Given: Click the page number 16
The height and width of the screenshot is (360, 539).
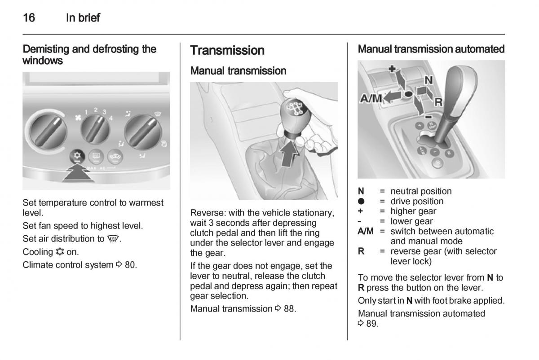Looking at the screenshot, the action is click(29, 18).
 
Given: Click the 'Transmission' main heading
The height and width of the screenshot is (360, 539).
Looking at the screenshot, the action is click(227, 50).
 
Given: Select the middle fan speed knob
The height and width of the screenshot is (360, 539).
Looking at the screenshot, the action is click(95, 129).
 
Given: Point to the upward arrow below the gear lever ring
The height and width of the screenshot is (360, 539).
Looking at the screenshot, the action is click(289, 154).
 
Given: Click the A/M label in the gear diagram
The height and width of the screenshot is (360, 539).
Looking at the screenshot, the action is click(371, 98).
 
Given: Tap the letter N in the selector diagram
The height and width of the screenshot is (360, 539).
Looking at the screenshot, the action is click(429, 80).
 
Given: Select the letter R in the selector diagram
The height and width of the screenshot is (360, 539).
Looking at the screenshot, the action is click(438, 102).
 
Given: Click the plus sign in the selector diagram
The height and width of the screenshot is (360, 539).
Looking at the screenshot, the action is click(392, 69).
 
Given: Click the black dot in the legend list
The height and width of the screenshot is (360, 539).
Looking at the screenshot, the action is click(361, 201).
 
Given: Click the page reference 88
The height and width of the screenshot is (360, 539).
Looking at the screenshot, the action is click(289, 309).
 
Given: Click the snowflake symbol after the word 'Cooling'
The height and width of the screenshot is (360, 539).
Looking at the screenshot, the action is click(60, 252).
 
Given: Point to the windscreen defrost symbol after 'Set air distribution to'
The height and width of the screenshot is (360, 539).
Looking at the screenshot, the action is click(113, 239).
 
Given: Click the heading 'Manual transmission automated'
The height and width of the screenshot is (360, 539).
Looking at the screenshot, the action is click(431, 49).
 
